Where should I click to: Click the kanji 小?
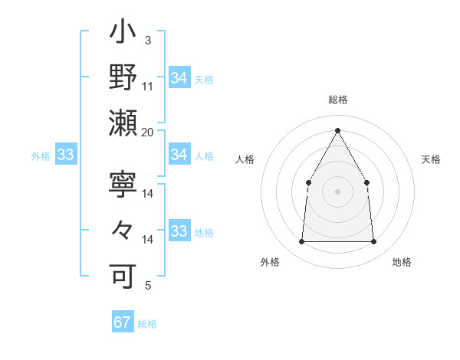click(123, 34)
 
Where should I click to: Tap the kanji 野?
click(123, 79)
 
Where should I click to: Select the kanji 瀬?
click(123, 123)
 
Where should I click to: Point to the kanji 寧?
click(123, 185)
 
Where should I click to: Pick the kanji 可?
click(123, 275)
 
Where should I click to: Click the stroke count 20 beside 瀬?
click(148, 132)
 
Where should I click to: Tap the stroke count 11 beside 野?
click(148, 87)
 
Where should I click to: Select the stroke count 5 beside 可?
click(148, 285)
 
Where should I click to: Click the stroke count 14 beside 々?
click(148, 240)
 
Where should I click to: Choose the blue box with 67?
click(123, 322)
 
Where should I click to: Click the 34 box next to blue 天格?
click(179, 78)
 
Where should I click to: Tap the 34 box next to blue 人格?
click(179, 155)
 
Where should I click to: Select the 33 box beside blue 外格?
click(65, 155)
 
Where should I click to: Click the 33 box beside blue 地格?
click(179, 231)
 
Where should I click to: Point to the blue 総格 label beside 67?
click(147, 324)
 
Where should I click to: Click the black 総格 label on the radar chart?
click(337, 100)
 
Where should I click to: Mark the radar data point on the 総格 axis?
click(337, 129)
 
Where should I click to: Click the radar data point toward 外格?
click(301, 242)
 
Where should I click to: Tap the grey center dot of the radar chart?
click(337, 191)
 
